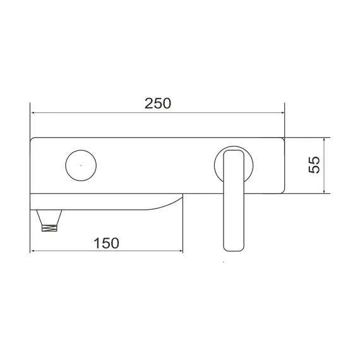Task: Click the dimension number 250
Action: tap(158, 104)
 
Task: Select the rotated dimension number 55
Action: tap(314, 165)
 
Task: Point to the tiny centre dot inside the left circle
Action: tap(80, 165)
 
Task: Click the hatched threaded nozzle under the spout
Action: tap(50, 228)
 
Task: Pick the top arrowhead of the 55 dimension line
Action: tap(324, 140)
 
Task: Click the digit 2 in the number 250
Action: tap(148, 104)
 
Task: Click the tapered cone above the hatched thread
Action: tap(50, 216)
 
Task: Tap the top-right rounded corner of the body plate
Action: tap(282, 140)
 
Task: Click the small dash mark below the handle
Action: tap(225, 262)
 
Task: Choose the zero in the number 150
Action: tap(116, 243)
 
